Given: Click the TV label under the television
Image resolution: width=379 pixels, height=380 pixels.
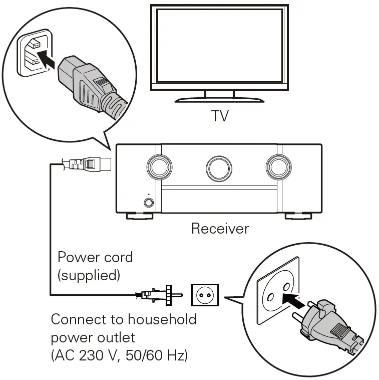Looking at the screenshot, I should [x=220, y=116].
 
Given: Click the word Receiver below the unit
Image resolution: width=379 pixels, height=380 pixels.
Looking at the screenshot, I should [x=220, y=229].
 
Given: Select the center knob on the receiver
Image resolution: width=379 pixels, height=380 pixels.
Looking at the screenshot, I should [x=219, y=167].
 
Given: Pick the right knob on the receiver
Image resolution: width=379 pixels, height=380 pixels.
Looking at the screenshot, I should [x=278, y=166].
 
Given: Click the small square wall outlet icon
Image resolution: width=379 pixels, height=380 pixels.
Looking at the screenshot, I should [x=204, y=295].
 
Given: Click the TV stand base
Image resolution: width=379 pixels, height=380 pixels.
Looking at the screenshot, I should [x=219, y=99].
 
